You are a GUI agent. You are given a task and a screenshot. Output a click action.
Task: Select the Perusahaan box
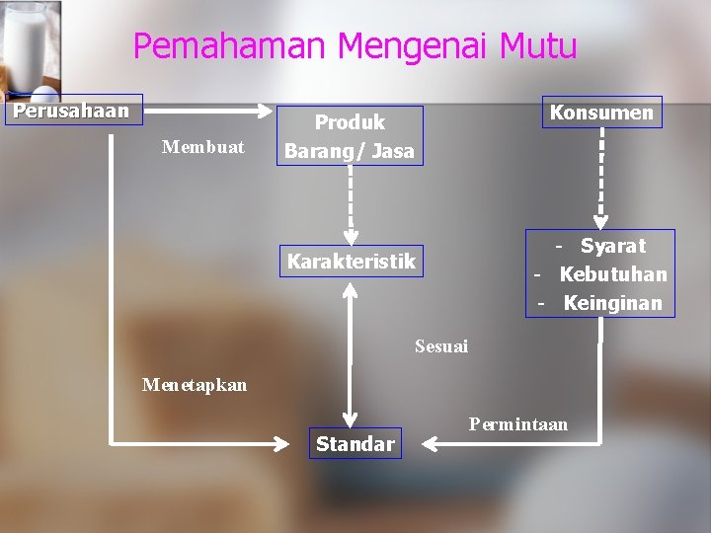pos(72,110)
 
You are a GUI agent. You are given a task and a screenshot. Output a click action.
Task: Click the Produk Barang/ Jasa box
pos(350,136)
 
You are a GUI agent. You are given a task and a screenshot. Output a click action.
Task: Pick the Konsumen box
pos(601,113)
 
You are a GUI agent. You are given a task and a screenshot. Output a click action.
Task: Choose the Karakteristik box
pos(351,262)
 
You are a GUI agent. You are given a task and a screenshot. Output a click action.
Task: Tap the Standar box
pos(355,444)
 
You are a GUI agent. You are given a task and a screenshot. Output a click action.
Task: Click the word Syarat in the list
pos(612,246)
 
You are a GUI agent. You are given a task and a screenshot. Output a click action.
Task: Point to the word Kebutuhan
pos(613,274)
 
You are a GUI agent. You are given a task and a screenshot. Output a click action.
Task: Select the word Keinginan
pos(613,303)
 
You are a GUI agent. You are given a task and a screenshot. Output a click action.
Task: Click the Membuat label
pos(202,148)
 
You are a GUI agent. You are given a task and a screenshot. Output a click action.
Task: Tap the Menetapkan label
pos(195,385)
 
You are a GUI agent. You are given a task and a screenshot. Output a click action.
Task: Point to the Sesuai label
pos(441,346)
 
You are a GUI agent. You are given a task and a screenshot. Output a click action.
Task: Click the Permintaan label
pos(518,424)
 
